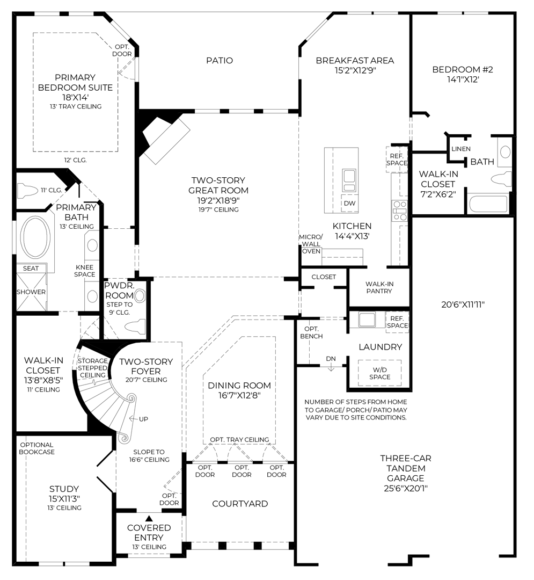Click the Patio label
[x=220, y=61]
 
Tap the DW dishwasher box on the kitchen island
[x=350, y=203]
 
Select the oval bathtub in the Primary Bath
[x=36, y=237]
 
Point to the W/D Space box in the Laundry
[x=379, y=373]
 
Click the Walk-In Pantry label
[x=379, y=287]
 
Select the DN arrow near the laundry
[x=331, y=361]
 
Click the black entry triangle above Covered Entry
[x=149, y=518]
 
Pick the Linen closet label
[x=461, y=149]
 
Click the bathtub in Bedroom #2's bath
[x=487, y=204]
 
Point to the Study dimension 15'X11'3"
[x=64, y=498]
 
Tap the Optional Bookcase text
[x=36, y=448]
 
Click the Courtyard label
[x=240, y=504]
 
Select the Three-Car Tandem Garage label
[x=406, y=473]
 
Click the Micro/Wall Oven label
[x=311, y=244]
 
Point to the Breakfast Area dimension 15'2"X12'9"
[x=354, y=70]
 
